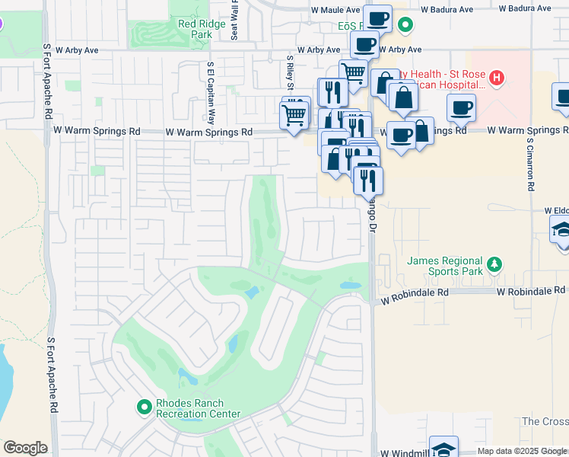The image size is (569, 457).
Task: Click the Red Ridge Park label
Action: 195,29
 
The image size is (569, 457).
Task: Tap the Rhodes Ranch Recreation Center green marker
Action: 144,407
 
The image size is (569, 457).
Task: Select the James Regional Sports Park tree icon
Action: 495,264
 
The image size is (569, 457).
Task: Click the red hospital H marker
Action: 496,77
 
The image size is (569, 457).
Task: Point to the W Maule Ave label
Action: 335,10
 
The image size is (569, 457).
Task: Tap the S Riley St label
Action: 290,72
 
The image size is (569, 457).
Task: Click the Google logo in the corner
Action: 25,448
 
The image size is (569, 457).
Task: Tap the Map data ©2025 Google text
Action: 522,451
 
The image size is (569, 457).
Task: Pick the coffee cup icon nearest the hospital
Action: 461,107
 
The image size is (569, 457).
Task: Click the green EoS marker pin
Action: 405,25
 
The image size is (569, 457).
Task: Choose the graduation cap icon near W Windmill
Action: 443,448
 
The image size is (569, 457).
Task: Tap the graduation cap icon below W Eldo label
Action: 561,228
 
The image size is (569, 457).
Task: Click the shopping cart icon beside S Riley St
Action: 294,116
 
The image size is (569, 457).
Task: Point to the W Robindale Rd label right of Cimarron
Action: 531,291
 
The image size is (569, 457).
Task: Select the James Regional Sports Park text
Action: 445,266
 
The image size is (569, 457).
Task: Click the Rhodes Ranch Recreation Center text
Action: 198,409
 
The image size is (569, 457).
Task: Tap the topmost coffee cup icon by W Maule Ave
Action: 377,18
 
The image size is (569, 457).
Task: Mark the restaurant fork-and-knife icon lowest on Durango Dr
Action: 367,180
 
